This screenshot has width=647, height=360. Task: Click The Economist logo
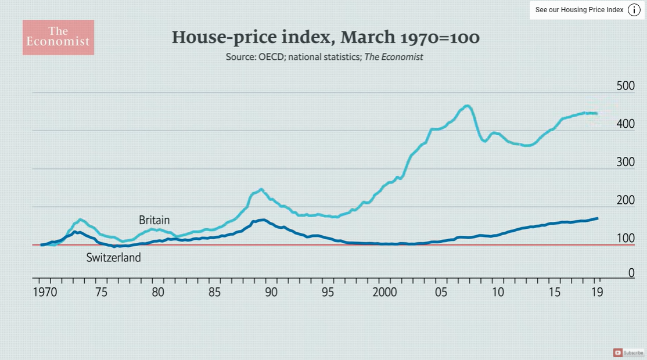pos(58,37)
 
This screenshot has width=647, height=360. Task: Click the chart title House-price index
pos(325,38)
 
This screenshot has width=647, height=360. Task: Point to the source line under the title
pos(324,57)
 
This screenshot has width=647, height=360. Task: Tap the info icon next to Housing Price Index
pos(634,10)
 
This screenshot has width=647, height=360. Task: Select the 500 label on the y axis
pos(625,86)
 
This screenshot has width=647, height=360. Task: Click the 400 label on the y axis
pos(625,124)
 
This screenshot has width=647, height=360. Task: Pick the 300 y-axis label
pos(625,163)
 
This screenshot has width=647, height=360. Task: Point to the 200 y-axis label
pos(625,201)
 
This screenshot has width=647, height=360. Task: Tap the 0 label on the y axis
pos(631,272)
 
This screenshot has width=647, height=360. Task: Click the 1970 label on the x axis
pos(45,292)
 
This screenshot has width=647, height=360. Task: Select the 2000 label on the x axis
pos(384,292)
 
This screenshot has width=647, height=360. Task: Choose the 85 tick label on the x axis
pos(215,292)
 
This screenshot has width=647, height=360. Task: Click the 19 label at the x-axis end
pos(596,292)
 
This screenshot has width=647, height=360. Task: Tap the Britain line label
pos(154,220)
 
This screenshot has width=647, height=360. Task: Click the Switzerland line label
pos(113,257)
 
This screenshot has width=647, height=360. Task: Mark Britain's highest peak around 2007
pos(467,106)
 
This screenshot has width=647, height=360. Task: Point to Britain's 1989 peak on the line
pos(261,189)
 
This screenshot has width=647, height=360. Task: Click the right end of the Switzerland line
pos(598,218)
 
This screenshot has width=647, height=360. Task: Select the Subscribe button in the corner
pos(628,352)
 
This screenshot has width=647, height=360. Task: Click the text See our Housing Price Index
pos(579,10)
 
